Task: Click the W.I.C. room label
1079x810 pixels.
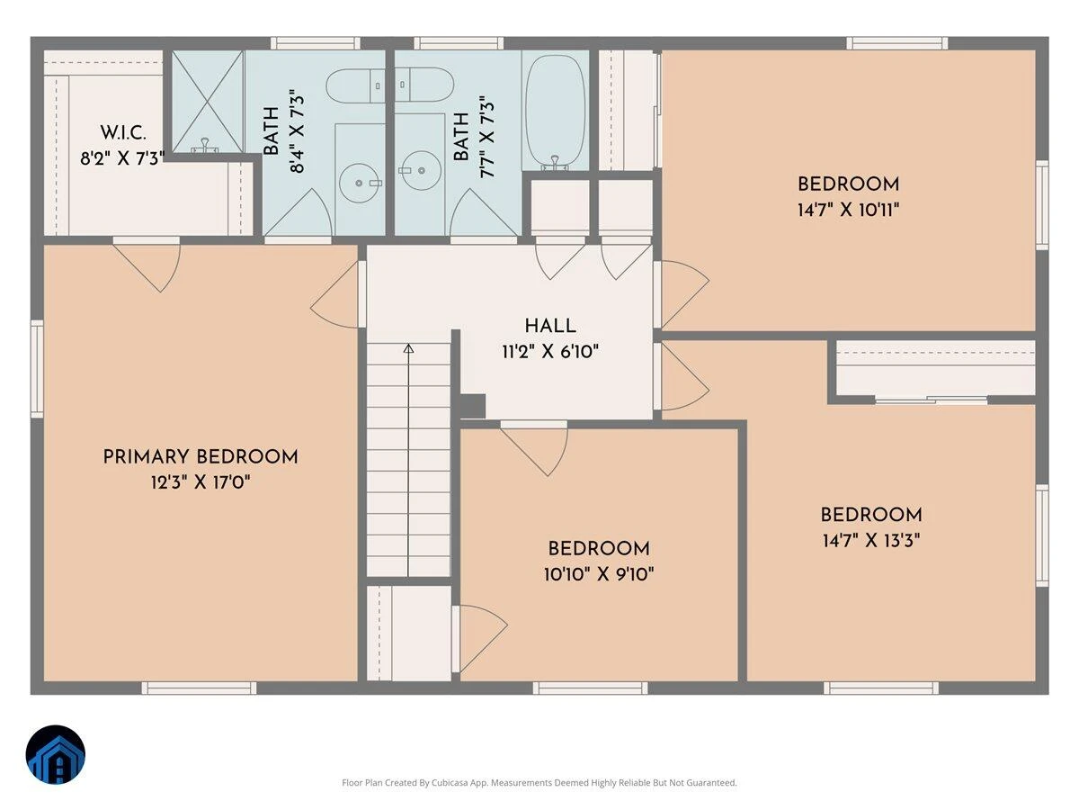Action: pos(123,133)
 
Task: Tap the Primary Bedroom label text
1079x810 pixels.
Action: pos(201,457)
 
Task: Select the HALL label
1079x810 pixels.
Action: pos(550,326)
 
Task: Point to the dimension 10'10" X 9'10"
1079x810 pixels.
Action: pos(599,574)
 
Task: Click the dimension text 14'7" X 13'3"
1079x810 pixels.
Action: pos(871,541)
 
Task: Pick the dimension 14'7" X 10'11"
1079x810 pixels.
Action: pos(848,211)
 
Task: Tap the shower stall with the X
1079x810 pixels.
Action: pos(208,102)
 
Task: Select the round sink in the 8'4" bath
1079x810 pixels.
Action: pos(360,183)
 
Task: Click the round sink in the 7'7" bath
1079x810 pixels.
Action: pos(421,171)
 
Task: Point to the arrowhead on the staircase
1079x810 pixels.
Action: pos(408,348)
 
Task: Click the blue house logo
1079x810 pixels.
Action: pos(56,754)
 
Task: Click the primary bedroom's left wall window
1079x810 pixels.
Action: pos(37,369)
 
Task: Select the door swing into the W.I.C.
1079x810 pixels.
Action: pos(147,268)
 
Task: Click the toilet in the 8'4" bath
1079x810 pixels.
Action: pos(355,86)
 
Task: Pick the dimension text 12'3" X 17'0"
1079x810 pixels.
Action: pos(201,482)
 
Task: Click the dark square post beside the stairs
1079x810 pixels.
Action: pos(473,407)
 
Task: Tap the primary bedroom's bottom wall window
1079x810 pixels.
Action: pos(199,688)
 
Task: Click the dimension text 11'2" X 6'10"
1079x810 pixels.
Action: pos(550,352)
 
